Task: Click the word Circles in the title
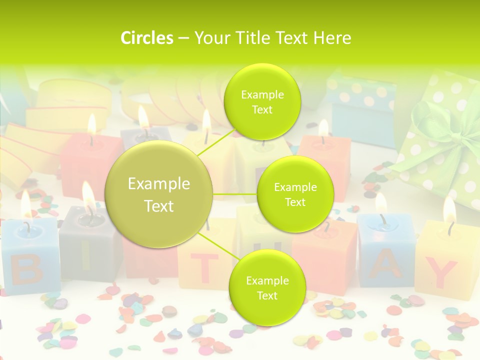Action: (146, 38)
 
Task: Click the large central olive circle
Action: (159, 194)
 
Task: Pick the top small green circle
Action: (262, 101)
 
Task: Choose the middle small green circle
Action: (295, 194)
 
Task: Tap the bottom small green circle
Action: (267, 287)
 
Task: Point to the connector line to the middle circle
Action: (234, 194)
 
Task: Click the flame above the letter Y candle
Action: (449, 210)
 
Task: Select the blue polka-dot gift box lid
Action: (361, 92)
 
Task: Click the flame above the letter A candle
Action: (381, 203)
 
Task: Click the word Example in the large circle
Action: (159, 184)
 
